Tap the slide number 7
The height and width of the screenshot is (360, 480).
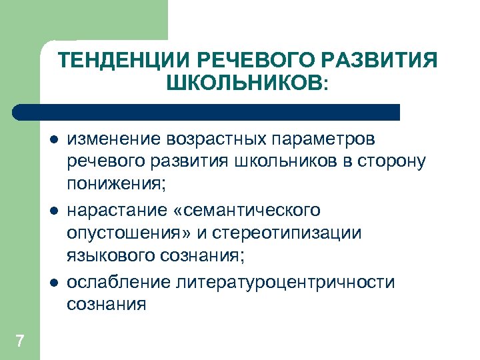(x=19, y=341)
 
